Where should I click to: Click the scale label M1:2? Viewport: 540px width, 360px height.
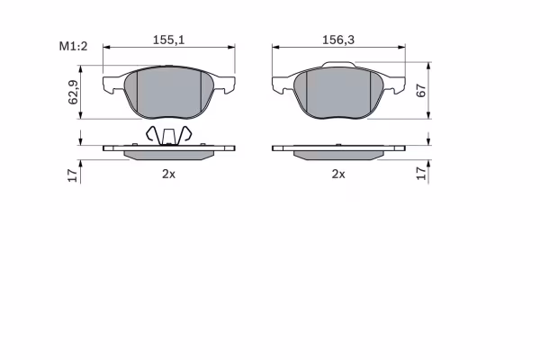(74, 46)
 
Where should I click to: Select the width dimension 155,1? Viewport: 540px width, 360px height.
(169, 40)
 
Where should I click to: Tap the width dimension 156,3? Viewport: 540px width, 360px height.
(338, 40)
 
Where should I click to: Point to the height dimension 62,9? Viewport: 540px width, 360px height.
(74, 92)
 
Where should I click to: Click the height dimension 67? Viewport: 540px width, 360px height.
(421, 90)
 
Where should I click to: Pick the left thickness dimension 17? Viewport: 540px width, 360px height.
(73, 175)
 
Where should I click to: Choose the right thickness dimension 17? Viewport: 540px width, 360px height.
(421, 174)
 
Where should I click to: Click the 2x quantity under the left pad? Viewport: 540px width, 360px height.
(169, 174)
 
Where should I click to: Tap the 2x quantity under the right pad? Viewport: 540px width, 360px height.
(338, 174)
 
